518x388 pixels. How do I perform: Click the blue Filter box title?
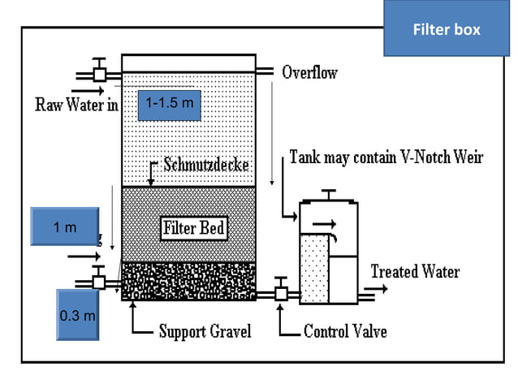coord(446,29)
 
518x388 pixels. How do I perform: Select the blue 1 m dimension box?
coord(64,227)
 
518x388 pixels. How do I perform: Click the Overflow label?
coord(309,72)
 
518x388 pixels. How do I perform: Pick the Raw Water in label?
coord(76,104)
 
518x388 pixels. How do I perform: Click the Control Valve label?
coord(344,331)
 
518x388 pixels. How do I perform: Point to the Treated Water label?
coord(415,272)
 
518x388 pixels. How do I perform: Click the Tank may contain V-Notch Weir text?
coord(386,157)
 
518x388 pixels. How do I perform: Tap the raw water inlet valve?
coord(100,73)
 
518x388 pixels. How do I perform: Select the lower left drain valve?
coord(100,282)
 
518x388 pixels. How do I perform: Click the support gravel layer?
coord(188,281)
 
